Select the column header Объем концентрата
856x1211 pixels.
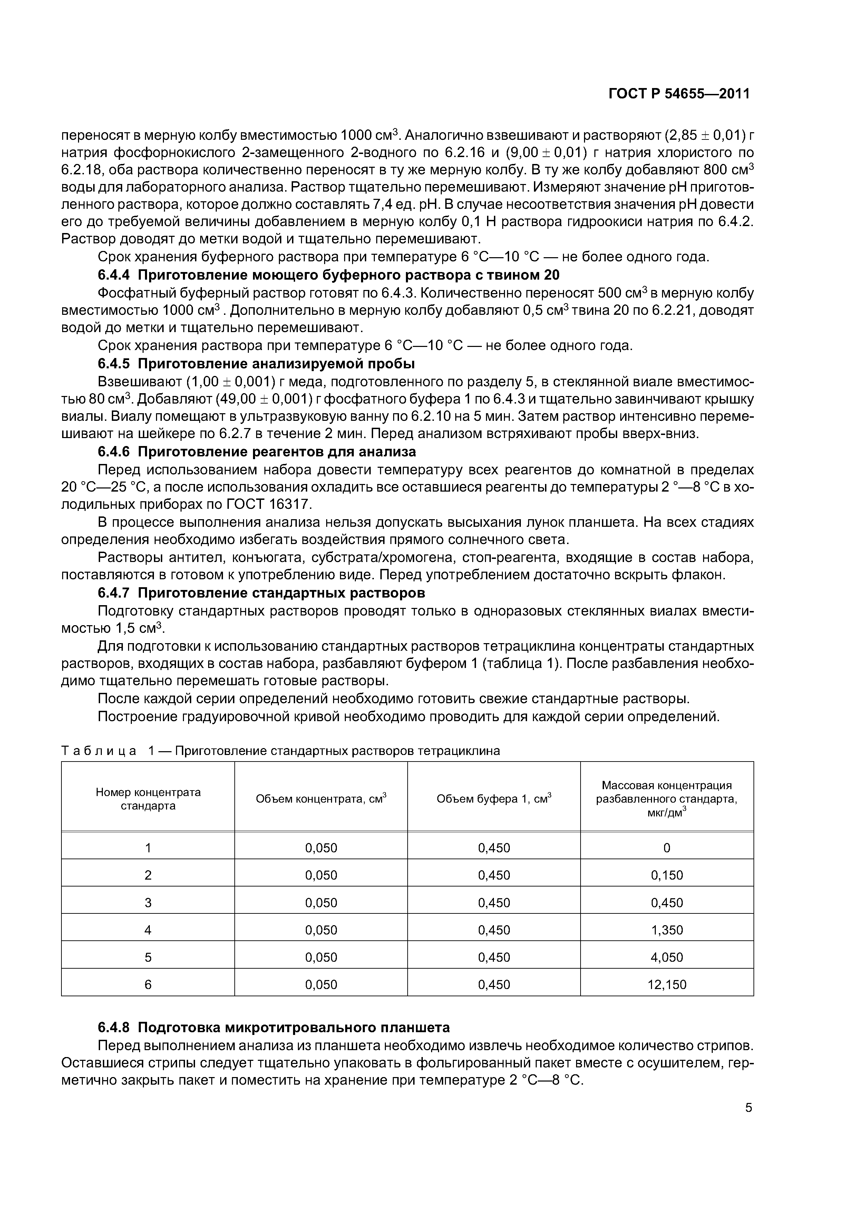tap(321, 799)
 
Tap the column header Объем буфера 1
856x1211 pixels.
tap(494, 799)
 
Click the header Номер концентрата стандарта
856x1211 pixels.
tap(148, 799)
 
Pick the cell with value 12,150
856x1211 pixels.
tap(667, 985)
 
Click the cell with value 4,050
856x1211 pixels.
tap(667, 957)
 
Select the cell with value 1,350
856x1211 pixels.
tap(667, 930)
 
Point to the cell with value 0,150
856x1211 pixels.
tap(667, 875)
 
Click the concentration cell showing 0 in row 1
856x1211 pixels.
tap(667, 848)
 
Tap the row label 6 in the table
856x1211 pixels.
tap(148, 985)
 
